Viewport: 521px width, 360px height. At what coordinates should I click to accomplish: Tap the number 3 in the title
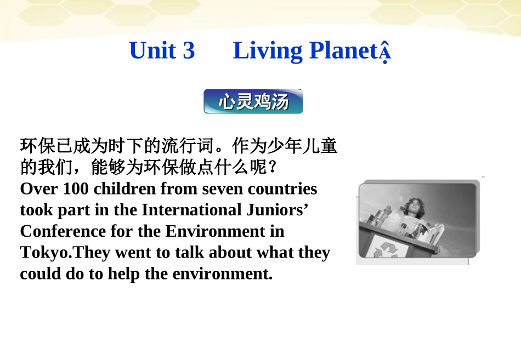tap(189, 50)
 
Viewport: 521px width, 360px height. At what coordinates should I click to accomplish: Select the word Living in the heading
tap(267, 50)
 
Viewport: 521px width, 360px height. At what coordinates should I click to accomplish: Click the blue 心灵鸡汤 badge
tap(253, 101)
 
